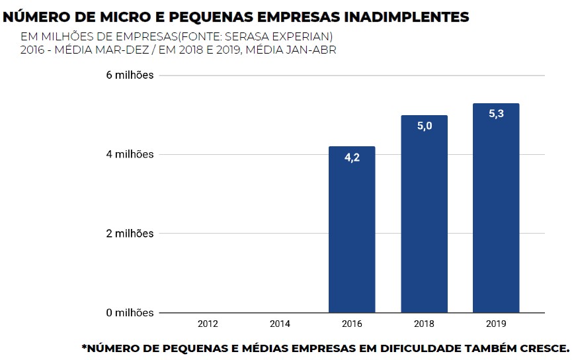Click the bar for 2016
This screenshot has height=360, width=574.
[x=352, y=229]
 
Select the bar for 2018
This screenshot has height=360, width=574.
[x=424, y=214]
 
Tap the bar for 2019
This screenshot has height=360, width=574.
[x=496, y=208]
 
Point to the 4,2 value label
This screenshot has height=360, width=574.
[x=352, y=159]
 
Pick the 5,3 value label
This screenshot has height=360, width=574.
[x=496, y=114]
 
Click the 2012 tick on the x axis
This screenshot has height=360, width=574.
[x=208, y=324]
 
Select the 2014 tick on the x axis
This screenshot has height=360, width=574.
[x=280, y=324]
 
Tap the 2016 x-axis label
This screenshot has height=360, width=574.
[x=352, y=324]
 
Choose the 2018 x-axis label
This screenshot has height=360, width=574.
[x=424, y=324]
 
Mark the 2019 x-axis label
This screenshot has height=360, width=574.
[x=496, y=324]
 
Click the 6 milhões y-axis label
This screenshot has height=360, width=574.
[x=130, y=75]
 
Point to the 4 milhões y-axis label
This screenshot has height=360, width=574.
[x=130, y=154]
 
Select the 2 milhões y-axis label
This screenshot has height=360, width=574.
[x=130, y=234]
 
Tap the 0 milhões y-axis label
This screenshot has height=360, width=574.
[x=130, y=312]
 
